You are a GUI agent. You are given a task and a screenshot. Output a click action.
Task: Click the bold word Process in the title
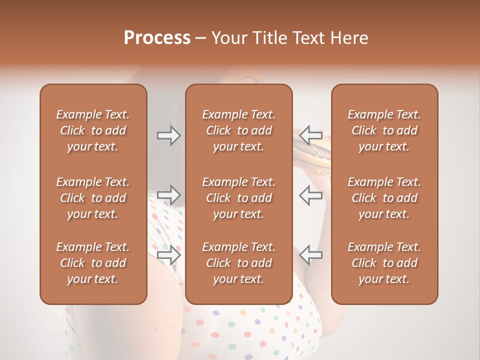pos(157,38)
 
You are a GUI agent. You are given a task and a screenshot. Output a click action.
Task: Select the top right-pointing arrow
pos(169,135)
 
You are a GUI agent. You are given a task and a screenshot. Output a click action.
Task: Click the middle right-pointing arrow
pos(169,194)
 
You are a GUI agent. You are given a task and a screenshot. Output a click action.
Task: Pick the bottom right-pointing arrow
pos(169,255)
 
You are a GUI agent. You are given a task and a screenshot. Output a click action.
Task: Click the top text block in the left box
pos(93,130)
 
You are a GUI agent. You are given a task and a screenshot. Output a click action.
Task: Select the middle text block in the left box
pos(93,198)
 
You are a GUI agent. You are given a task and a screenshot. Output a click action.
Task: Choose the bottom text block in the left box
pos(93,263)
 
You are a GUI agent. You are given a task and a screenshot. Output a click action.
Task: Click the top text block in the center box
pos(238,130)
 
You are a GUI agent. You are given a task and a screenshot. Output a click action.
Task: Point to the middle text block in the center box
pos(238,198)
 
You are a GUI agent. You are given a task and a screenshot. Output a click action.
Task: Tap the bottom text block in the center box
pos(238,263)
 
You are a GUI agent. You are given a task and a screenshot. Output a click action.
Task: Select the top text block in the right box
pos(384,130)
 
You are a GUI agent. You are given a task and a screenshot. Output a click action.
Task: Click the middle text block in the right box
pos(384,198)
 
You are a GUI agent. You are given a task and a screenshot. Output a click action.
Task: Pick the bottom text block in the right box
pos(384,263)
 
